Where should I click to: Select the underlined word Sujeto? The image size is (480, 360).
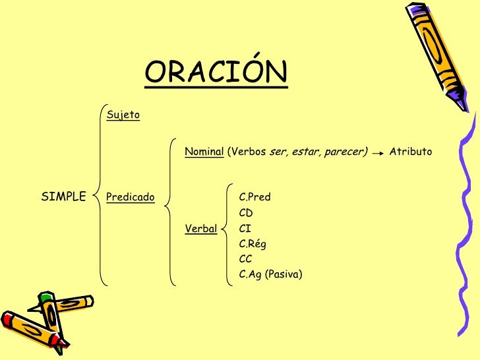point(123,115)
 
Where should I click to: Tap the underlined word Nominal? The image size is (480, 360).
point(204,152)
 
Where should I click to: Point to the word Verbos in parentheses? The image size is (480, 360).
point(248,152)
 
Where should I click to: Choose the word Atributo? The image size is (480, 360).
point(410,152)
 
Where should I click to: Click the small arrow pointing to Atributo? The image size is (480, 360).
point(378,153)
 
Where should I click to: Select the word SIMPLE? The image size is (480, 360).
point(64,196)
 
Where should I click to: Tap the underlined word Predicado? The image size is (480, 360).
point(130,197)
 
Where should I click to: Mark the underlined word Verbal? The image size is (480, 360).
point(201,229)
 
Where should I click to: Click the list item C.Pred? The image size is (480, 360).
point(255,197)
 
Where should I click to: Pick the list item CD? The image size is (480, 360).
point(246,213)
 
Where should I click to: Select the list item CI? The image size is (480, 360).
point(245,229)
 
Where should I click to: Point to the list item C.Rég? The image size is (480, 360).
point(253,244)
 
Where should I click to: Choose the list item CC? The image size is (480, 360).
point(245,259)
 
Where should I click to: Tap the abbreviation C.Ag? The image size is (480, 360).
point(250,275)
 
